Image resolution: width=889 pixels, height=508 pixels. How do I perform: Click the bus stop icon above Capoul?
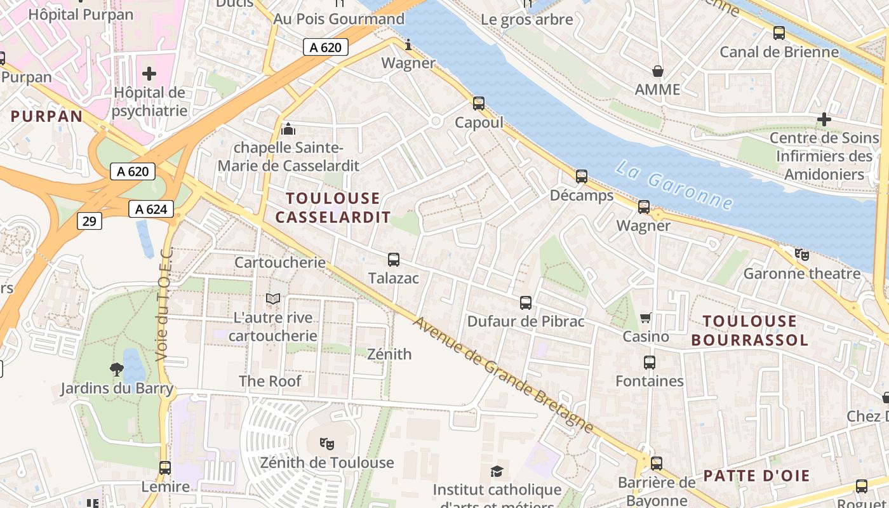(x=478, y=103)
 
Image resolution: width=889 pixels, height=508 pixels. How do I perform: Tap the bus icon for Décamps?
(x=581, y=177)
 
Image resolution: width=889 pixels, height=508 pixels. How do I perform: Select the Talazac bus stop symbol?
(x=394, y=259)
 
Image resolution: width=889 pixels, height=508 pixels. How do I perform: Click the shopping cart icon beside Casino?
(x=646, y=317)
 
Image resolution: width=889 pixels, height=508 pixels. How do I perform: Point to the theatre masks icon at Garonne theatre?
(x=802, y=255)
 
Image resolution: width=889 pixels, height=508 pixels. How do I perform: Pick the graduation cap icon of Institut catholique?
(x=497, y=471)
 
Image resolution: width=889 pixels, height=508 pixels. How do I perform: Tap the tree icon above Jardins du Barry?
(x=116, y=369)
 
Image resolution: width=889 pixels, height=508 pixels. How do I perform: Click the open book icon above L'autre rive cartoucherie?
(x=273, y=298)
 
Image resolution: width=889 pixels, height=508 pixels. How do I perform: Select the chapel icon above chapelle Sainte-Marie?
(x=288, y=129)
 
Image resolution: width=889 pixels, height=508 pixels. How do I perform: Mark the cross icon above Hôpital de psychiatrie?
(x=149, y=74)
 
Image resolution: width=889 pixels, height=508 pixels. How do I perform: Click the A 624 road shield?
(x=151, y=209)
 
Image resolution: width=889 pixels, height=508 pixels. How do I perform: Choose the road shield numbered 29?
(x=90, y=220)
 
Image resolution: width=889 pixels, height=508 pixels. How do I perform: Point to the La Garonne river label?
(x=674, y=185)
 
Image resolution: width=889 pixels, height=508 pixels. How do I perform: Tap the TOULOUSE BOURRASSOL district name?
(x=749, y=330)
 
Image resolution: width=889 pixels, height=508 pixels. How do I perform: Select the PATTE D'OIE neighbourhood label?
(x=756, y=476)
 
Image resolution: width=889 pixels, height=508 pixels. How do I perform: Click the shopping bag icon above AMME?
(x=658, y=70)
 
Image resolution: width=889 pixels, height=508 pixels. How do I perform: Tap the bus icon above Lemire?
(x=165, y=468)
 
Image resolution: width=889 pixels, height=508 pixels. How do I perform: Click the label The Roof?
(x=270, y=381)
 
